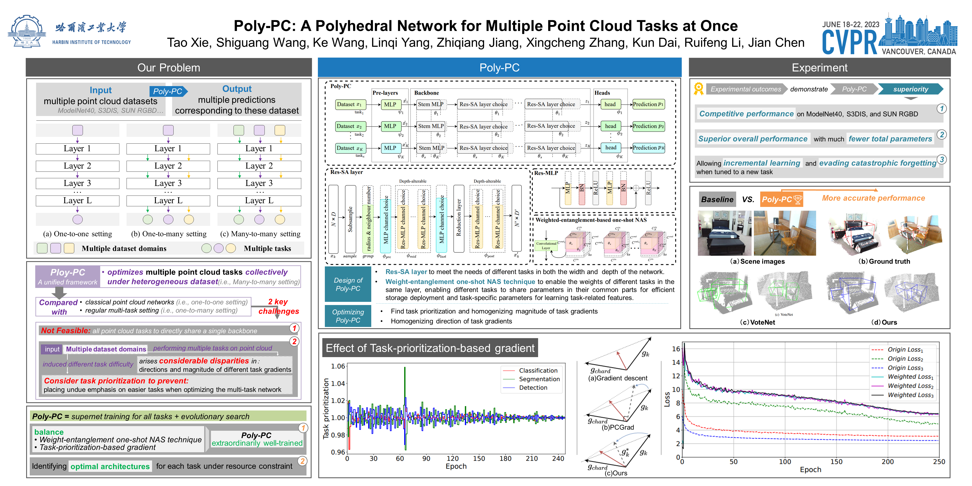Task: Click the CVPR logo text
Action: (x=850, y=42)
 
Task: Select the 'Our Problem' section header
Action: (x=169, y=67)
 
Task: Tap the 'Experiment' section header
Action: (x=819, y=67)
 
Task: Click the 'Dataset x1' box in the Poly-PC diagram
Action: (x=349, y=104)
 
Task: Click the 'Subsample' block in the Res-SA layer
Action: (x=350, y=219)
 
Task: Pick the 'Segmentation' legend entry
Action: (x=539, y=379)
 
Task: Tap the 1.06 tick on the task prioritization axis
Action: (x=338, y=366)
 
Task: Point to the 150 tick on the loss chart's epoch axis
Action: (x=836, y=462)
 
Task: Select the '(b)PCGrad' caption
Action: (x=618, y=427)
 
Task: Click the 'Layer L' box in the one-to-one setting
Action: (x=77, y=200)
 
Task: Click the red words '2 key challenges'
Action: (x=278, y=306)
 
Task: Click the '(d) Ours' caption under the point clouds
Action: (x=884, y=322)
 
